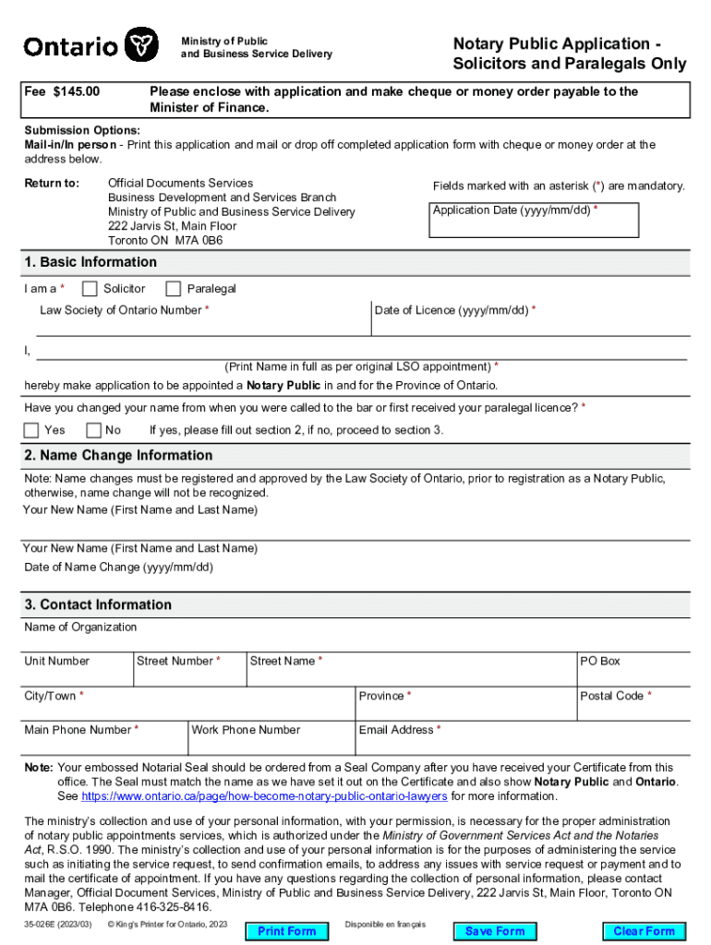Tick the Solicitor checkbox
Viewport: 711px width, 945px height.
tap(90, 289)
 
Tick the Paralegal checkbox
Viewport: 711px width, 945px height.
tap(173, 289)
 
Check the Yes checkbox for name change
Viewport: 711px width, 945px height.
tap(31, 430)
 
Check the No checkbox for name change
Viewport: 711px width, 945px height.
tap(93, 430)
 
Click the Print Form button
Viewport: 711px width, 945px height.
tap(287, 931)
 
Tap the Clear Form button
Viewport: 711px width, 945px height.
tap(644, 931)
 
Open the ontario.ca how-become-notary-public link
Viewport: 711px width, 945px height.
tap(265, 796)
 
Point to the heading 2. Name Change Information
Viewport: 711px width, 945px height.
tap(118, 456)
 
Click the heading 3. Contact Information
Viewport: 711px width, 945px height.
tap(98, 604)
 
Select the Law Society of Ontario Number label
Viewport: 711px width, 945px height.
tap(123, 310)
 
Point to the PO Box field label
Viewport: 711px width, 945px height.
tap(599, 661)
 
